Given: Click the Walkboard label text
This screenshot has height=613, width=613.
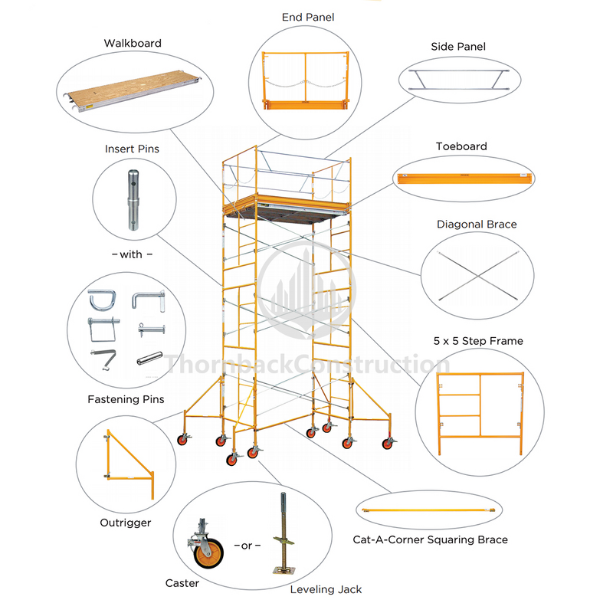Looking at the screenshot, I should tap(133, 44).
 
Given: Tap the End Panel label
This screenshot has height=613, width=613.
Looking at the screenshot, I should tap(309, 17).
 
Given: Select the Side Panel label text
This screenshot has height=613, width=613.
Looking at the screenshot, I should tap(458, 47).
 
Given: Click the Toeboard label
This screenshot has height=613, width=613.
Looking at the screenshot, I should tap(461, 146).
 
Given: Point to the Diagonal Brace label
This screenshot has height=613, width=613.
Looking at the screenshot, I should tap(477, 225).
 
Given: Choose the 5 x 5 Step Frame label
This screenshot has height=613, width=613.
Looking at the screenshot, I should tap(478, 341).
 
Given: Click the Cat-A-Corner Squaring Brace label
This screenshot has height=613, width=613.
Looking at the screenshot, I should tap(430, 539).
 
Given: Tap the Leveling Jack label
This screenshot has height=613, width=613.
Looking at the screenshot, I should tap(326, 589).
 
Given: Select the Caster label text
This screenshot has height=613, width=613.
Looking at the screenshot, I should tap(182, 583).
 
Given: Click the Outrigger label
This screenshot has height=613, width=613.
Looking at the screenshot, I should tap(125, 523).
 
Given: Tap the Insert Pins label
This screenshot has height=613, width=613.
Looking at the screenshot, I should tap(132, 149).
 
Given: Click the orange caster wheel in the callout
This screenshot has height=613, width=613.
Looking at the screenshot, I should tap(208, 554).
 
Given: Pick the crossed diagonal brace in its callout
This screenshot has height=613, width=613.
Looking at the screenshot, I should tap(476, 275).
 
